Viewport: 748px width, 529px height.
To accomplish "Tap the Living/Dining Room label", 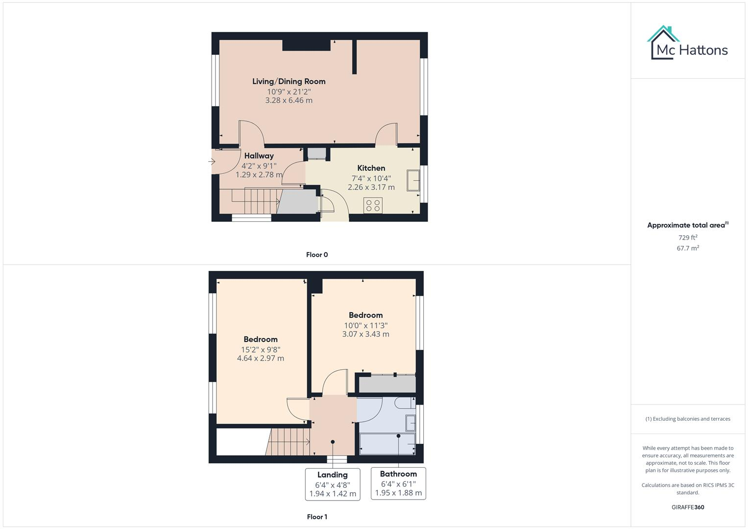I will pos(289,81).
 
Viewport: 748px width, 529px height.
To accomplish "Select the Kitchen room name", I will pos(371,168).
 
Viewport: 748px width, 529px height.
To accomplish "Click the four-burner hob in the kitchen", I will pos(373,205).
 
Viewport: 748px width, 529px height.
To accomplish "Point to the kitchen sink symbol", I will pos(412,180).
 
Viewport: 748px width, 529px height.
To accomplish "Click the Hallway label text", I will pos(259,156).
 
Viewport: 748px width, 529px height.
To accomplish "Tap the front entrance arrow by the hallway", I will pos(212,161).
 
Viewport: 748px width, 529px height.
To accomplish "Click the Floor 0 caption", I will pos(317,255).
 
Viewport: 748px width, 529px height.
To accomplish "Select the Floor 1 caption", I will pos(317,517).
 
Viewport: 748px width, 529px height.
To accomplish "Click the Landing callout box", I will pos(333,484).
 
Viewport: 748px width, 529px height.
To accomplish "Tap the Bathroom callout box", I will pos(398,483).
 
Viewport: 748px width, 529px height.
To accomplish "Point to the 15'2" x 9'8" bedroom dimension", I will pos(260,349).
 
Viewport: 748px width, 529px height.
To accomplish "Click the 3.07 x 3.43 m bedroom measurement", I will pos(365,334).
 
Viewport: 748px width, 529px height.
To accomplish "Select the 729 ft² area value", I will pos(687,238).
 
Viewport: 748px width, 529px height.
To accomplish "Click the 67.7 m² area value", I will pos(687,248).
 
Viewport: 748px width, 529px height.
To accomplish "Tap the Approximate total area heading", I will pos(687,225).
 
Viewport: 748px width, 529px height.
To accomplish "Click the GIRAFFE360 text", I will pos(687,507).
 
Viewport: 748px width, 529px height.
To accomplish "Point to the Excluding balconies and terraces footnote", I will pos(687,419).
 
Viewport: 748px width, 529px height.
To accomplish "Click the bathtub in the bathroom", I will pos(387,444).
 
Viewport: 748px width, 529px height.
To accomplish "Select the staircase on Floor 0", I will pos(254,201).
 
